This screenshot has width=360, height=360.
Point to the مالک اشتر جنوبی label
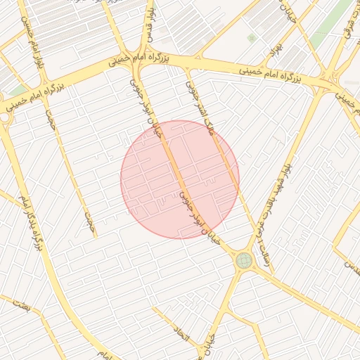[199, 106]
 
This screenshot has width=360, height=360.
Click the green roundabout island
[244, 260]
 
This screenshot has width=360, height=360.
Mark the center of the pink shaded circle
[180, 179]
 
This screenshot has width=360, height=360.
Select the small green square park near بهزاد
[252, 37]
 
